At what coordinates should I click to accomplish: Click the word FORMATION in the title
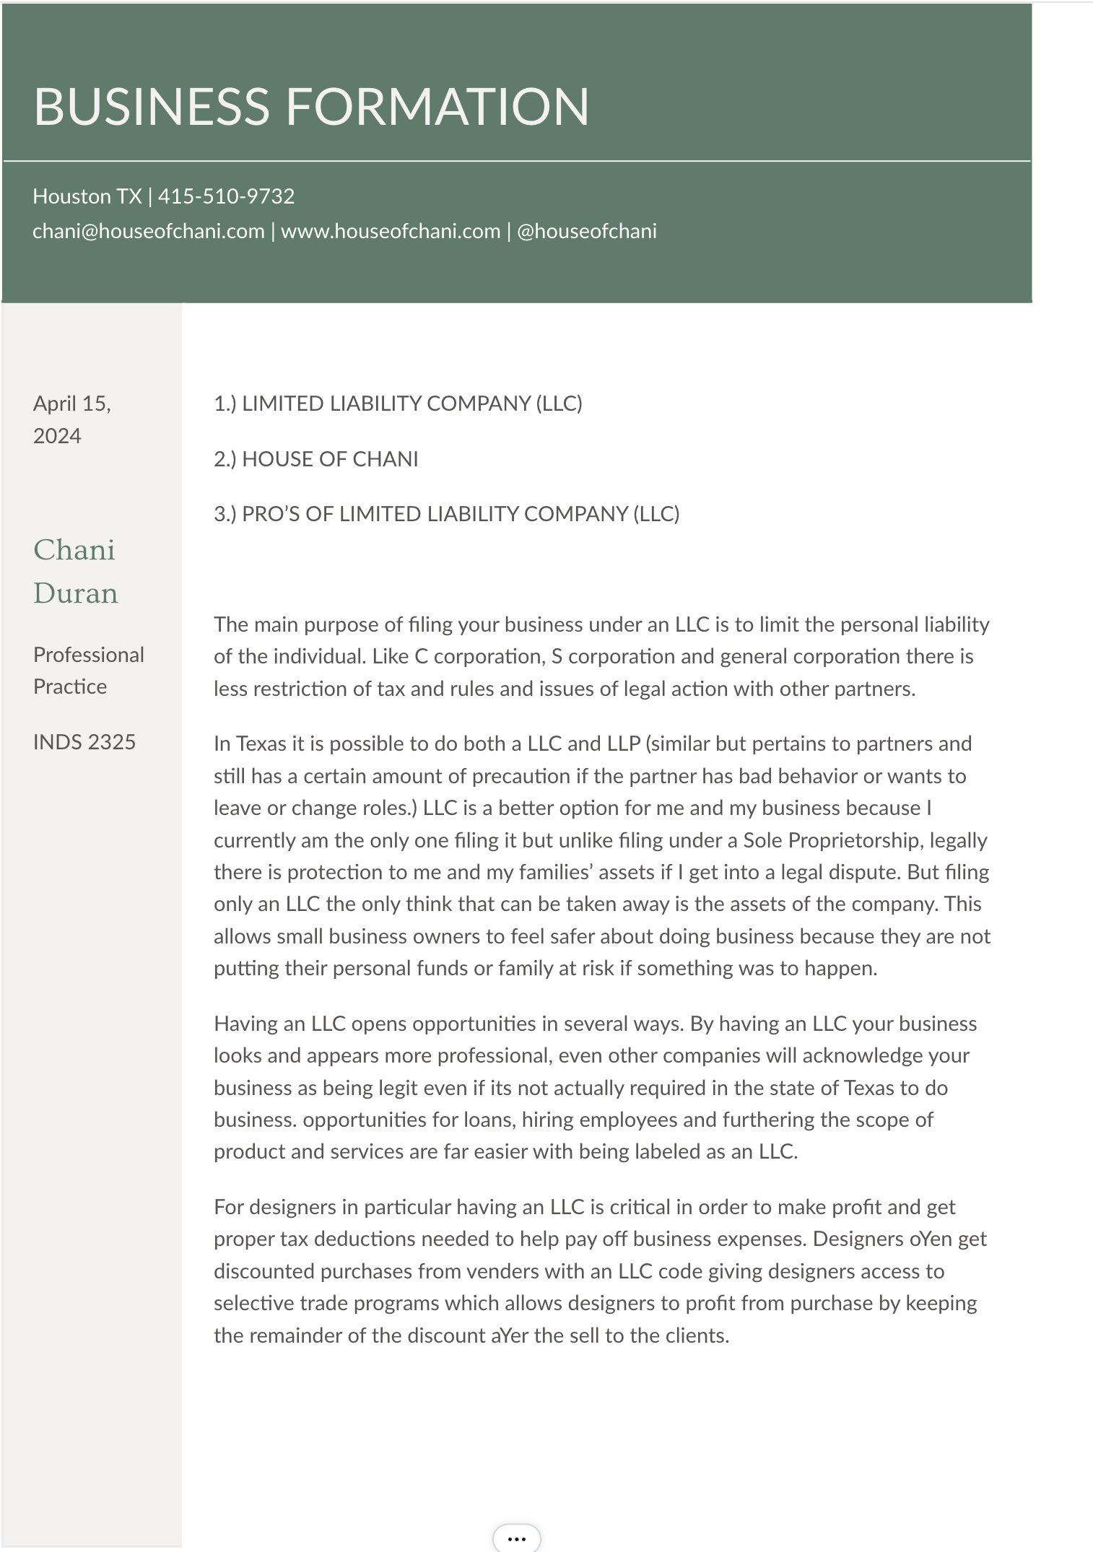(x=437, y=107)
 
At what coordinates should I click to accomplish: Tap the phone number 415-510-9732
(x=226, y=196)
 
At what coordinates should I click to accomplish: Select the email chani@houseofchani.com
(x=148, y=231)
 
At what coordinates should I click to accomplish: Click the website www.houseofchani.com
(x=391, y=231)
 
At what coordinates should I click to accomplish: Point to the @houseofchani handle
(x=587, y=231)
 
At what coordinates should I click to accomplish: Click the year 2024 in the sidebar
(x=57, y=436)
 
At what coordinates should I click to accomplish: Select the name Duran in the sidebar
(x=75, y=593)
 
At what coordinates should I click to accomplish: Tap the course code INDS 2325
(x=84, y=742)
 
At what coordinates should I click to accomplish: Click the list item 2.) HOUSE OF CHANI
(x=315, y=459)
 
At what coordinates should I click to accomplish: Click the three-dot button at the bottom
(x=516, y=1538)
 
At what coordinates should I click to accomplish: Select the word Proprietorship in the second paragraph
(x=854, y=840)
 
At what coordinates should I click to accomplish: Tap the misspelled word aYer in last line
(x=510, y=1335)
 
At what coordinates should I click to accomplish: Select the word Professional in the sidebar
(x=89, y=655)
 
